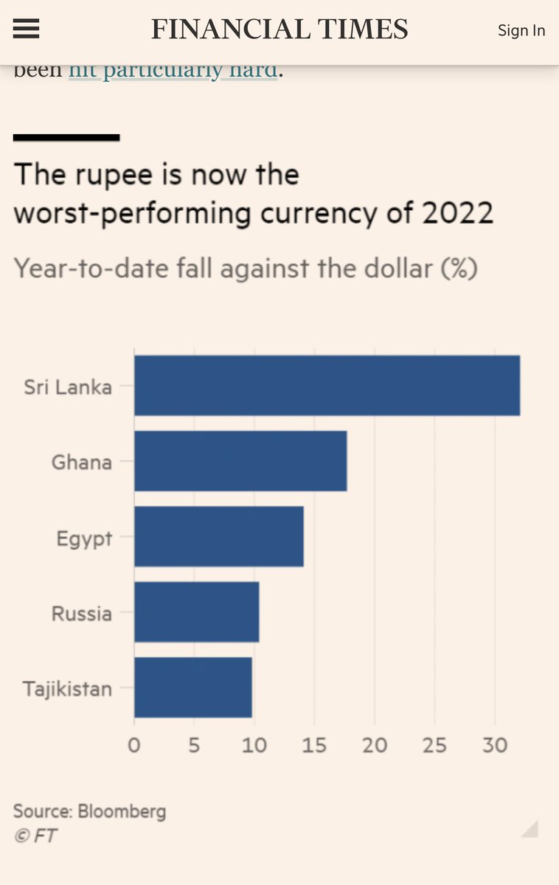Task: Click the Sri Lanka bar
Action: [x=327, y=386]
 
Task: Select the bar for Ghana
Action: [x=240, y=461]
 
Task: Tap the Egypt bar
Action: [x=218, y=536]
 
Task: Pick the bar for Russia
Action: [x=196, y=612]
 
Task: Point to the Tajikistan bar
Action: [x=192, y=687]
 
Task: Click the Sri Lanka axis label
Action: [x=68, y=386]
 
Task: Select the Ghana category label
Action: [x=81, y=462]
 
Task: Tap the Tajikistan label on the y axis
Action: [x=67, y=689]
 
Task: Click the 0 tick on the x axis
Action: [x=134, y=745]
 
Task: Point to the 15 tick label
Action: [x=314, y=745]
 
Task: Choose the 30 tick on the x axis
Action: [x=495, y=745]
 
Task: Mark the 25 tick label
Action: [x=434, y=745]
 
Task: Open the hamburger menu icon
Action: [x=27, y=29]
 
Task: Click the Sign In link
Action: [x=521, y=30]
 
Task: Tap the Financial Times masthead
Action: [x=279, y=29]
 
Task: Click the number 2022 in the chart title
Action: [x=457, y=213]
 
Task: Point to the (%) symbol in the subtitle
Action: [x=458, y=268]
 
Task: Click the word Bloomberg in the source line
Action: [x=122, y=812]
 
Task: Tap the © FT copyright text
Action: [x=35, y=836]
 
